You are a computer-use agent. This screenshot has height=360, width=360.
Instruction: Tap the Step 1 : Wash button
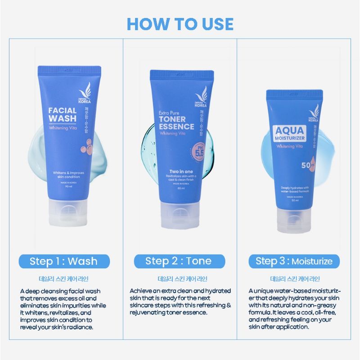click(x=63, y=261)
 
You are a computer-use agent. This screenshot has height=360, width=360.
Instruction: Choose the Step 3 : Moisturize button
click(x=294, y=261)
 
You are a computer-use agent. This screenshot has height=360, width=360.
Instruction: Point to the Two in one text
click(x=175, y=171)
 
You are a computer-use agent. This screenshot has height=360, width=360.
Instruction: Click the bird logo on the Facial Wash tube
click(x=90, y=88)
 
